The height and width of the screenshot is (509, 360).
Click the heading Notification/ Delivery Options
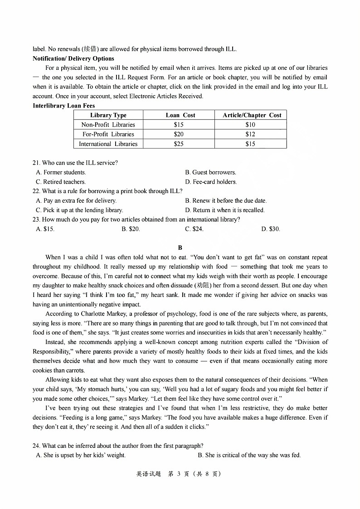point(73,58)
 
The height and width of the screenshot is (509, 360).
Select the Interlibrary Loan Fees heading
point(63,106)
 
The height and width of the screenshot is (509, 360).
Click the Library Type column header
point(108,115)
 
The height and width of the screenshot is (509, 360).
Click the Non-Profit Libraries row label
point(108,125)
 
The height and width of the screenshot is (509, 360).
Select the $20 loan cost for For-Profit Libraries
point(179,134)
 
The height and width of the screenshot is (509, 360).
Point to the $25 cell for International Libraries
point(179,144)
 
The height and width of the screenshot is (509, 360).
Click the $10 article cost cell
point(250,125)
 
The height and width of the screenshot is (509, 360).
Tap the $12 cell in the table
point(250,134)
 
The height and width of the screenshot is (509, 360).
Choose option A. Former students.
point(61,172)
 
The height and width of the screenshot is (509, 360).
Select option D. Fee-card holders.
point(211,182)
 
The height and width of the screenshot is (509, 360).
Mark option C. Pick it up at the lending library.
point(79,210)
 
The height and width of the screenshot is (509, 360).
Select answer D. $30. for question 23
point(271,229)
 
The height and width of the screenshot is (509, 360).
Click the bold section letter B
point(180,247)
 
